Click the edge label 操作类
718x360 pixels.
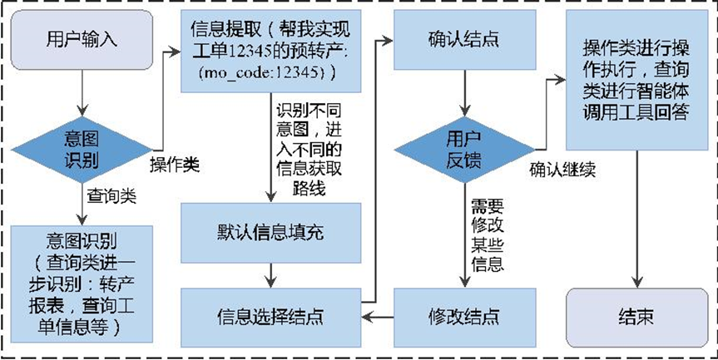pos(174,165)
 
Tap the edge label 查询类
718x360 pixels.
pos(111,196)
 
